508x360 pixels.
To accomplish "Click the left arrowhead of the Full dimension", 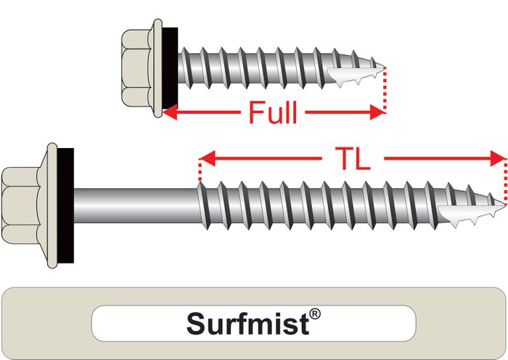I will tap(171, 112).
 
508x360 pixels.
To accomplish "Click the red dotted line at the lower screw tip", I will tap(504, 178).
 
